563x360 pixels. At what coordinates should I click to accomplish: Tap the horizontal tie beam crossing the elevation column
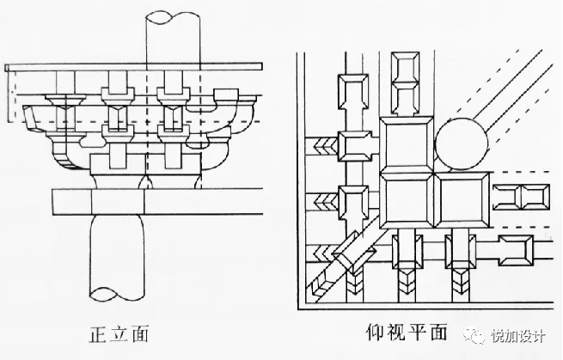[x=155, y=201]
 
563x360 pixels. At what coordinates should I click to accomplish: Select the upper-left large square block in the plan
[x=407, y=143]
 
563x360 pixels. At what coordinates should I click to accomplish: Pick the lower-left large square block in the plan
[x=407, y=203]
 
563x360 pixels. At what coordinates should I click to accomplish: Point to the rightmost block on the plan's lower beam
[x=518, y=249]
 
